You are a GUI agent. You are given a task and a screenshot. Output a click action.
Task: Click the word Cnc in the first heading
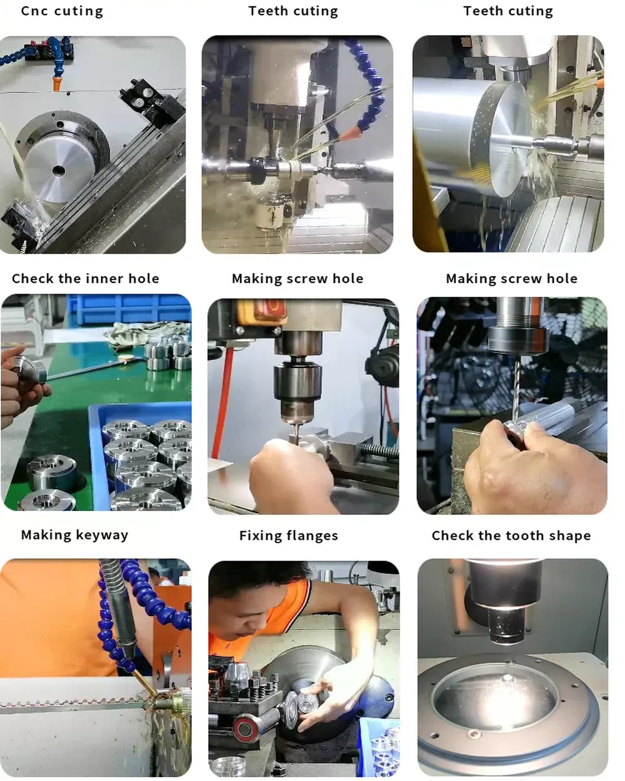34,11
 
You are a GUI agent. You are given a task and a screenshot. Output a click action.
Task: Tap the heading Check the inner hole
86,279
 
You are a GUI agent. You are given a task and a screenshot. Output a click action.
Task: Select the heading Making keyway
75,535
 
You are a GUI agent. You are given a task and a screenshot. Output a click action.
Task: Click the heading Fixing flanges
289,536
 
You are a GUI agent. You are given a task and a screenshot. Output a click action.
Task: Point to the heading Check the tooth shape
511,535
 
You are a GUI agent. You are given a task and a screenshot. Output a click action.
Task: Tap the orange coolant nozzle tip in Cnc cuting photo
57,82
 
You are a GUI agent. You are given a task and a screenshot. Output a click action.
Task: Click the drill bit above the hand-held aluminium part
517,389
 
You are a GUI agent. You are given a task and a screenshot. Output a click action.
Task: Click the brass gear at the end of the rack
174,702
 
